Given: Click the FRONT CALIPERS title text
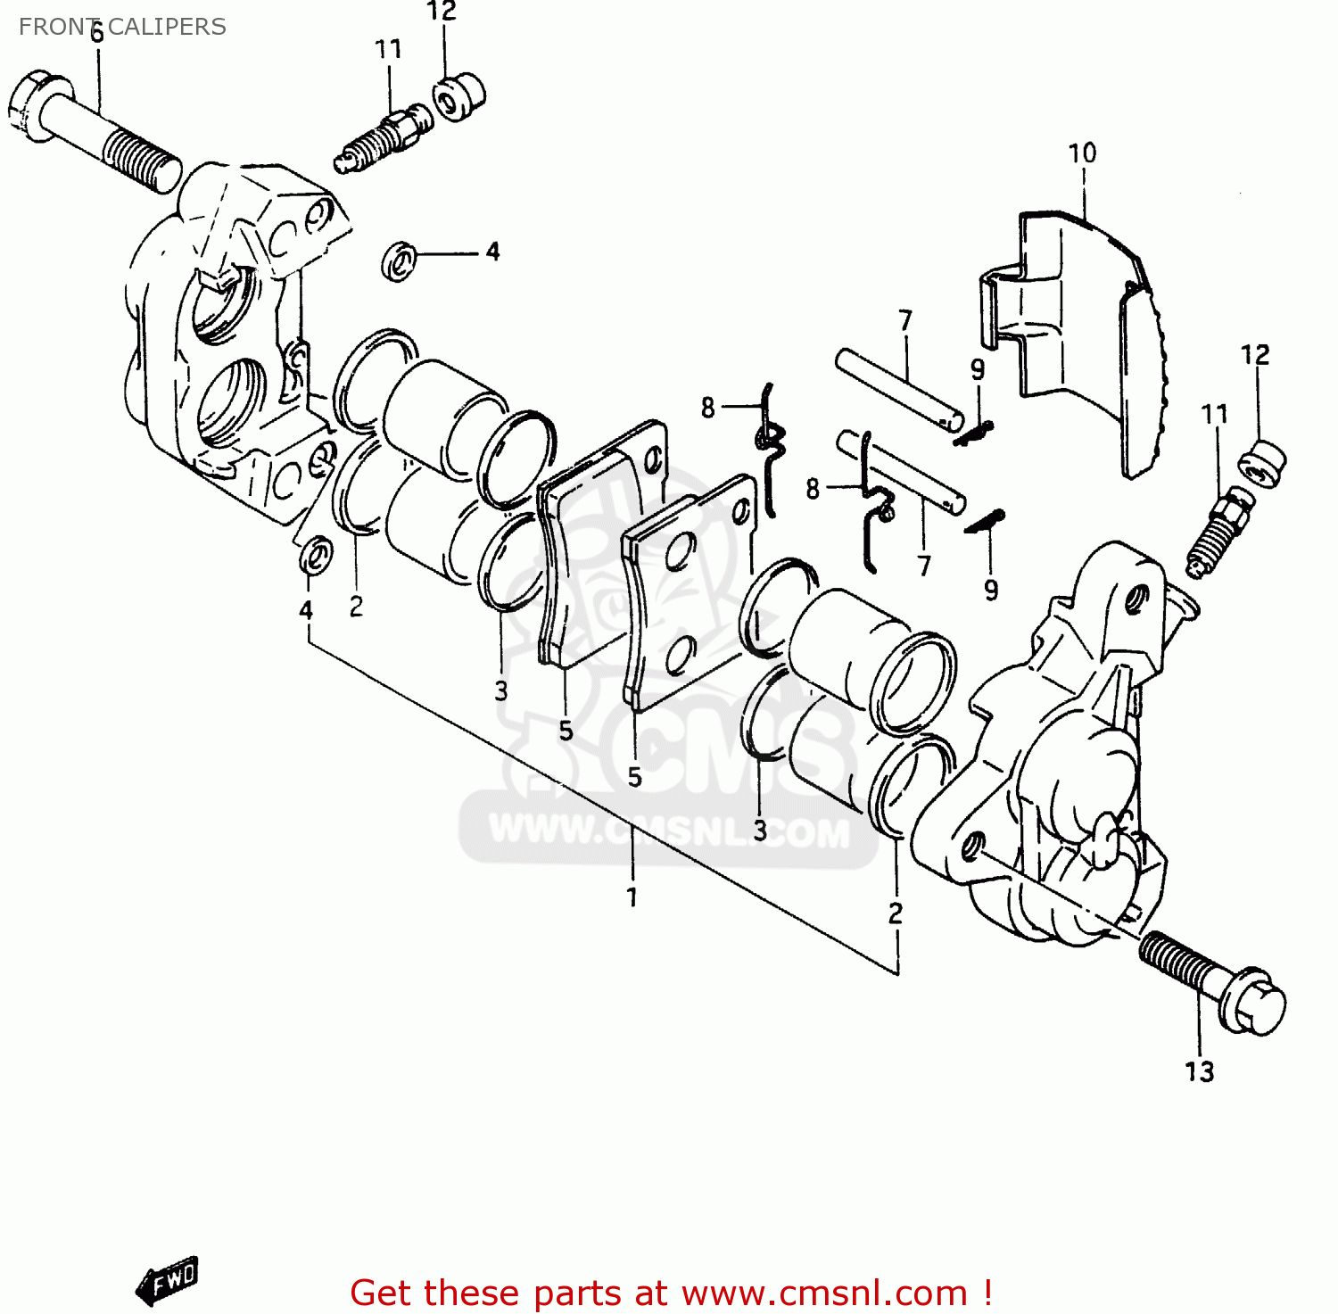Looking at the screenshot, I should click(x=122, y=27).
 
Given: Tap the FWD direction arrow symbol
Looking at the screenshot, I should click(x=168, y=1280).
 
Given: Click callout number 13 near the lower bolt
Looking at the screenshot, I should click(x=1199, y=1070).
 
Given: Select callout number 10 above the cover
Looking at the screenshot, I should click(x=1082, y=153).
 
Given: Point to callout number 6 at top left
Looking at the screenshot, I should click(x=96, y=34).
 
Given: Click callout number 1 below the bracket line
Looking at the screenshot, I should click(x=632, y=897).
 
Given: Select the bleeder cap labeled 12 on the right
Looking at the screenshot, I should click(x=1262, y=464).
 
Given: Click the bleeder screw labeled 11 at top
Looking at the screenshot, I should click(x=385, y=138).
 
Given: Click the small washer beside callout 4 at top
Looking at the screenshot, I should click(x=401, y=261).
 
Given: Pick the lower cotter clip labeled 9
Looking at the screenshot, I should click(x=984, y=521).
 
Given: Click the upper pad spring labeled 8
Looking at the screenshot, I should click(x=769, y=446).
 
